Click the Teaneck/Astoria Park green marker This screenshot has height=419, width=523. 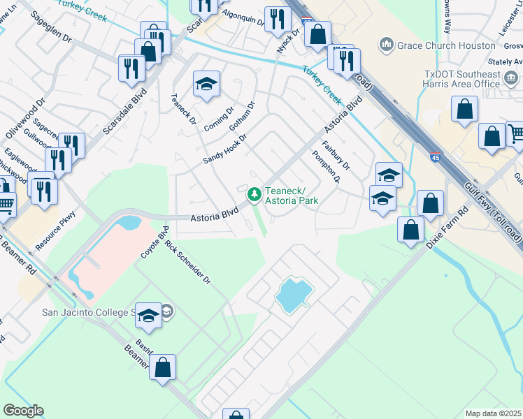[255, 191]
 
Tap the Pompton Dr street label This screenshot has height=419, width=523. [326, 168]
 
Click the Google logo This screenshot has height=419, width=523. [23, 411]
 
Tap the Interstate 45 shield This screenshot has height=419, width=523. [435, 159]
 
